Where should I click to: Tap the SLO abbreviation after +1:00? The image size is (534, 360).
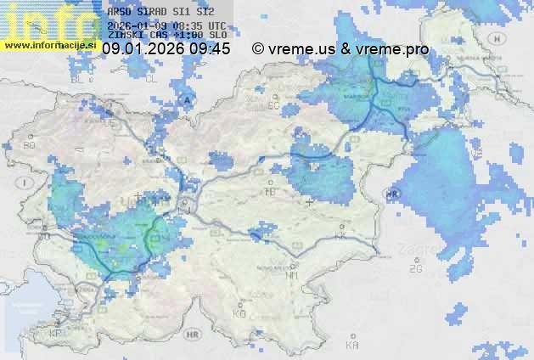(x=217, y=37)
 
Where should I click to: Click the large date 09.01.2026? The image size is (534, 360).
(x=142, y=49)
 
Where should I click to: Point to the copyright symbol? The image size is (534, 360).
(x=258, y=49)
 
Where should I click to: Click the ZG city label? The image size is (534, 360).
(x=415, y=269)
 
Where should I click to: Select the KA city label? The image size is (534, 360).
(x=352, y=345)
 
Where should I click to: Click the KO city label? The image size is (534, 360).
(x=239, y=313)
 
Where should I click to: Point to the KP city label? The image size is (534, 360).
(x=56, y=334)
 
